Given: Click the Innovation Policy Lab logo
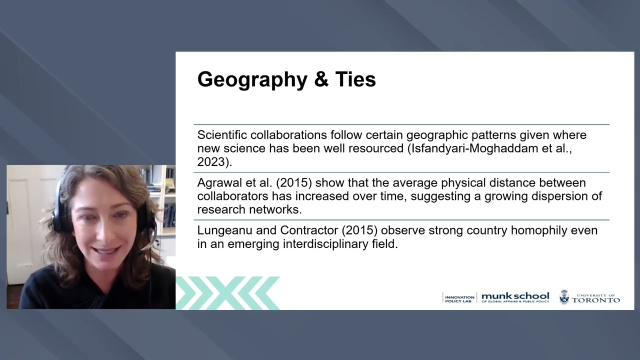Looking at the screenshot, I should click(x=459, y=298).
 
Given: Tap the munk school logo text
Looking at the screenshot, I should click(x=515, y=297).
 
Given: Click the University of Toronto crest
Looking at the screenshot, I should click(x=564, y=297).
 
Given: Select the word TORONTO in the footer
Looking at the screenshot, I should click(x=596, y=300).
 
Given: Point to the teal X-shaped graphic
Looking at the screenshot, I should click(x=227, y=292).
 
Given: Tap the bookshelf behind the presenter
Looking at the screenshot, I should click(x=167, y=200).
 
